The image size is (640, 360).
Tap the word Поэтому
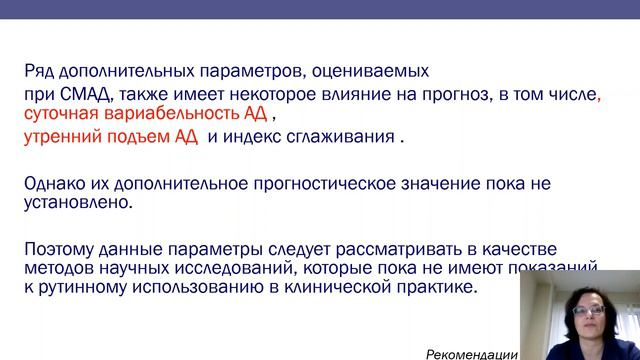click(x=62, y=248)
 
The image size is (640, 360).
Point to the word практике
click(x=439, y=287)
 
